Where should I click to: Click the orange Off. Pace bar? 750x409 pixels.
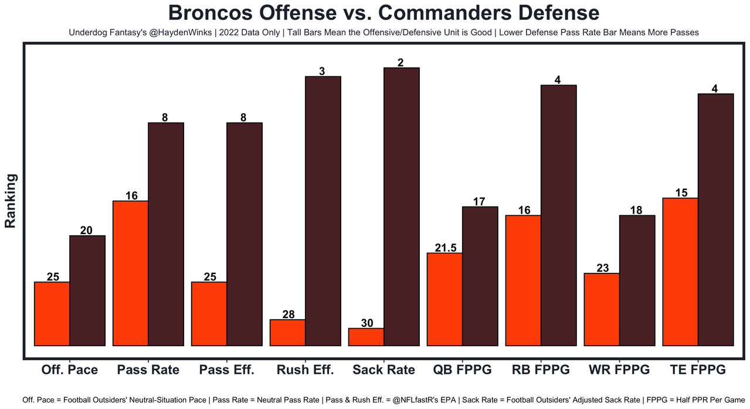tap(52, 314)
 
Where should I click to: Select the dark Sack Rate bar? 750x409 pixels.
tap(402, 207)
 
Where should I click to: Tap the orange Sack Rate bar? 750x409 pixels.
tap(366, 337)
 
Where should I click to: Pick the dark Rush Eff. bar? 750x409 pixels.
tap(323, 211)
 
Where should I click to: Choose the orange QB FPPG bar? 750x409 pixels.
tap(444, 299)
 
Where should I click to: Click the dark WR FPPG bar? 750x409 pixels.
tap(637, 280)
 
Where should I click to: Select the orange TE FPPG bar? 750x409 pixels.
tap(680, 272)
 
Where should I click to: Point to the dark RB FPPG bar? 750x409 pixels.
tap(559, 215)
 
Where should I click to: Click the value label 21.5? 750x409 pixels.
tap(445, 248)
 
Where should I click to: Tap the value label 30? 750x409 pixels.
tap(366, 323)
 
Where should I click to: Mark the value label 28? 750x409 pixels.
tap(288, 314)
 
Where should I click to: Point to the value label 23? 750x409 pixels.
tap(602, 268)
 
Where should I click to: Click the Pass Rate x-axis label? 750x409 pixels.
tap(148, 370)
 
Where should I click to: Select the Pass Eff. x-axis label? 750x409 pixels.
tap(226, 370)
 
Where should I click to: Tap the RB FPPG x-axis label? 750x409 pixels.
tap(541, 370)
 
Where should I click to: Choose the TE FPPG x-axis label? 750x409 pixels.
tap(698, 370)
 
